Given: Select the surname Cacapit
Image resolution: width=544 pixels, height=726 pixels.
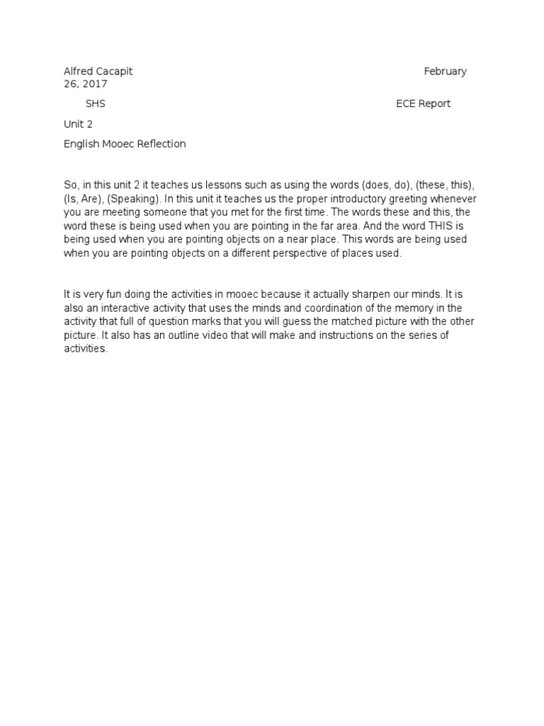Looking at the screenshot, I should pyautogui.click(x=113, y=71).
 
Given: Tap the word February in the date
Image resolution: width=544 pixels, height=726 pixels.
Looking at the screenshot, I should pyautogui.click(x=445, y=71).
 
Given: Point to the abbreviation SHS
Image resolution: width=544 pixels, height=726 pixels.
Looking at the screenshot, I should pyautogui.click(x=95, y=104).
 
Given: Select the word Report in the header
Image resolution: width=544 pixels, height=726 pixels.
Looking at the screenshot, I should pyautogui.click(x=434, y=104).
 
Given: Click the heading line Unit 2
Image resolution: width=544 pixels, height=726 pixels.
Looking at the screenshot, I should pyautogui.click(x=78, y=124).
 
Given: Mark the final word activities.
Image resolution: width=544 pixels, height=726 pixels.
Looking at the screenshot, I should pyautogui.click(x=85, y=348).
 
